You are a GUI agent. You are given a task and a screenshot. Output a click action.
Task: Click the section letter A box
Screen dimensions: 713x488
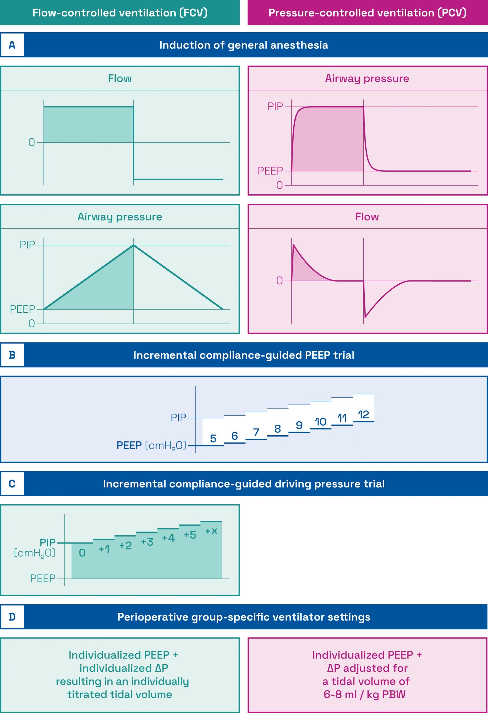point(12,45)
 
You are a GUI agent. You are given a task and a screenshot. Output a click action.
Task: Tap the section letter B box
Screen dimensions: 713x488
point(12,355)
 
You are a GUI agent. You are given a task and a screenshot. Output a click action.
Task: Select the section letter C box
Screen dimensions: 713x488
point(12,484)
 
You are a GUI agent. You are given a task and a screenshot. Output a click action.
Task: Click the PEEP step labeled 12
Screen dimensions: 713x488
point(363,415)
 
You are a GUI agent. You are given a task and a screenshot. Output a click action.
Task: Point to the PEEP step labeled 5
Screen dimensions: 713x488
point(213,438)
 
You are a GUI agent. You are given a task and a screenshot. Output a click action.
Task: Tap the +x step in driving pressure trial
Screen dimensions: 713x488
point(211,531)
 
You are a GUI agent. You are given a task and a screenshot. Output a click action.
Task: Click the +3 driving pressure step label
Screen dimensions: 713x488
point(147,542)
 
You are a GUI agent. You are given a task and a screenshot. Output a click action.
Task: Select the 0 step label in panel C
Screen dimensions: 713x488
point(82,553)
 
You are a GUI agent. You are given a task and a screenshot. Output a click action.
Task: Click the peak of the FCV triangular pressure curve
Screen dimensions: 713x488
point(134,245)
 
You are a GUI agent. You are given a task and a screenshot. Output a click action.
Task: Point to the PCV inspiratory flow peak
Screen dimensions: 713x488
point(294,245)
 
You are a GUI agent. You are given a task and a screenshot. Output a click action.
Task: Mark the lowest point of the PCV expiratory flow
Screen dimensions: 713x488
point(365,317)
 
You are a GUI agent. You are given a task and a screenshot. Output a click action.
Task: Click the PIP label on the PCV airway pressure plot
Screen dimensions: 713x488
point(275,106)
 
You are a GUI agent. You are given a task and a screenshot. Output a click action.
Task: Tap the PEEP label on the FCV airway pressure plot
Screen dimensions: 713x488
point(22,309)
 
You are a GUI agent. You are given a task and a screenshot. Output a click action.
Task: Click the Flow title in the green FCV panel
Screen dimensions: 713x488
point(120,79)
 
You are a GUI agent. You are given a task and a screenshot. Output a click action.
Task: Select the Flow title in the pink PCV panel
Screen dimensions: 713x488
point(367,217)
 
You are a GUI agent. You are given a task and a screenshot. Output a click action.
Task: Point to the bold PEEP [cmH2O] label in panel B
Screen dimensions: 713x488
point(151,445)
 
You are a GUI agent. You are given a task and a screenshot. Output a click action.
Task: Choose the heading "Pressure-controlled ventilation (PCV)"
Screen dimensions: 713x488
point(367,13)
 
